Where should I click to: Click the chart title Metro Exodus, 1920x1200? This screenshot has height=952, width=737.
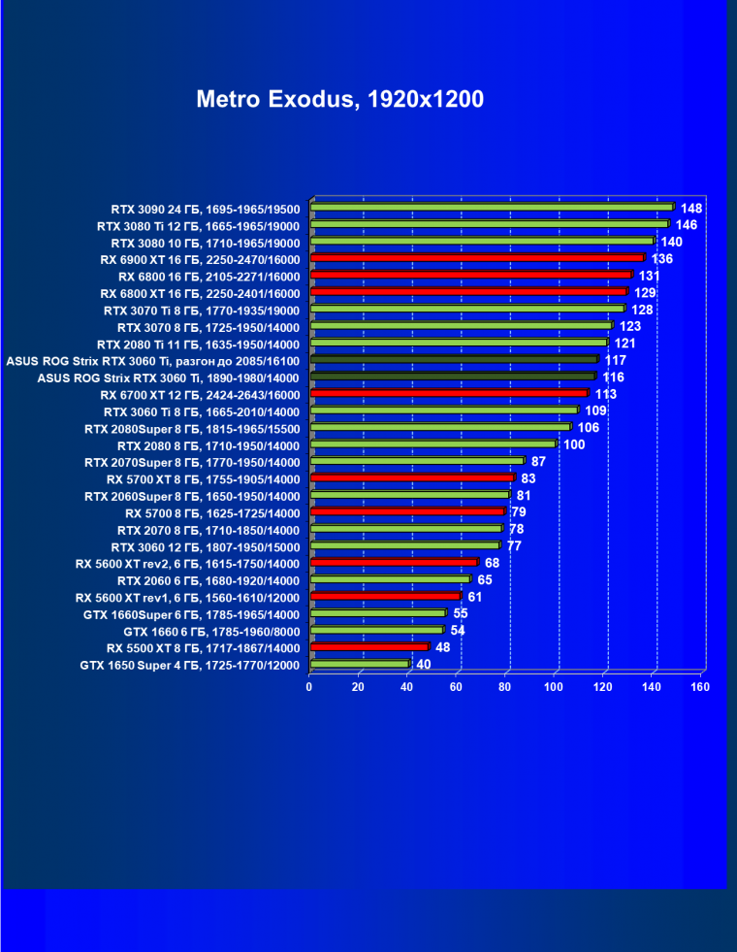(339, 99)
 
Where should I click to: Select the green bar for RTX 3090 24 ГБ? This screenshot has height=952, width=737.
(491, 207)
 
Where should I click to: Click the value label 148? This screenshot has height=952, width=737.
(691, 208)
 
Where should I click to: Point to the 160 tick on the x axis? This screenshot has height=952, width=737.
(700, 687)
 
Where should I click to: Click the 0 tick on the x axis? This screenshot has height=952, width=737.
(309, 687)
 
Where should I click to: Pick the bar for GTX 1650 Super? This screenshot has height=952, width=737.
(360, 665)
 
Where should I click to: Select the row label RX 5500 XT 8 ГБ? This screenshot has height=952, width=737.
(204, 647)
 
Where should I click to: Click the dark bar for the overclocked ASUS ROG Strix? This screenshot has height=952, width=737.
(454, 360)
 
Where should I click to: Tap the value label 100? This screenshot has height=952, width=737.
(574, 444)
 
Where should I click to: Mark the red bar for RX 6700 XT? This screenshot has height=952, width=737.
(449, 394)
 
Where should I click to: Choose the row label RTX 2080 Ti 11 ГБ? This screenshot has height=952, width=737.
(199, 344)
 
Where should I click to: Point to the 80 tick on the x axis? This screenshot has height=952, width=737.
(505, 687)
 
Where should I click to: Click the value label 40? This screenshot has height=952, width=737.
(424, 665)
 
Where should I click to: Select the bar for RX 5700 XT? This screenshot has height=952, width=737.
(412, 478)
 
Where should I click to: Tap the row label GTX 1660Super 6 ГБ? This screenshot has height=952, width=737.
(191, 614)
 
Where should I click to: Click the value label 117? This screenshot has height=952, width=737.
(615, 360)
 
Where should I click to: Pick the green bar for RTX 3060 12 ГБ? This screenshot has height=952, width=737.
(405, 546)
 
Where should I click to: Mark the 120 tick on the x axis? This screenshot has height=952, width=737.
(602, 687)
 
